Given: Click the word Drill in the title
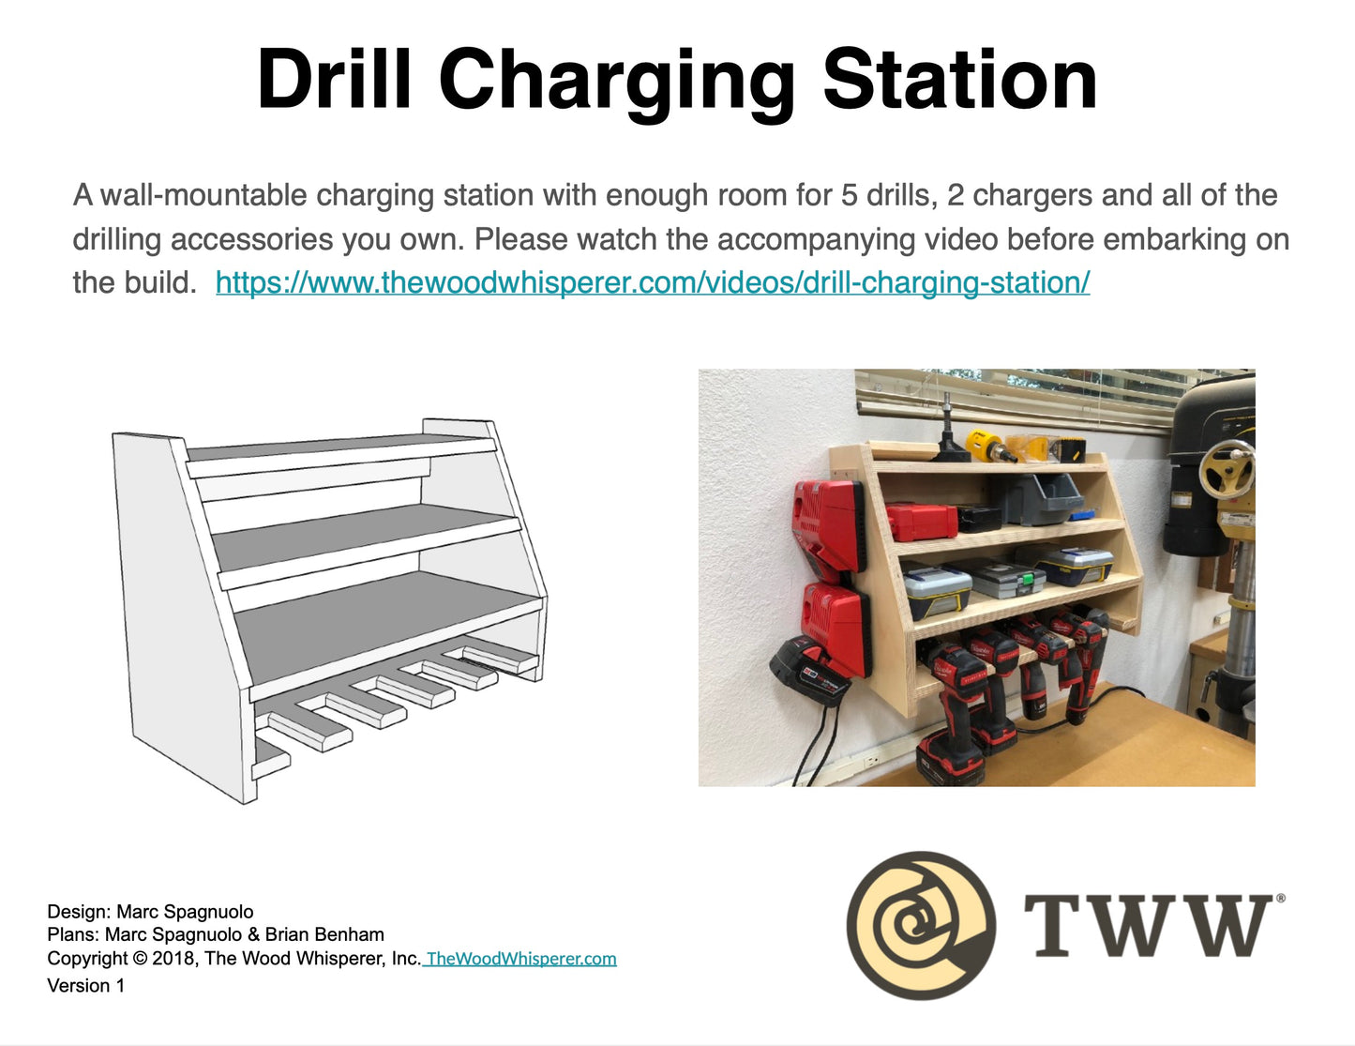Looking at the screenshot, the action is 334,80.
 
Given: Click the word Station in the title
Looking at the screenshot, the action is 959,80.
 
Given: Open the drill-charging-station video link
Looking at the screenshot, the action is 653,282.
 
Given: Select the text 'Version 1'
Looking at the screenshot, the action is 86,986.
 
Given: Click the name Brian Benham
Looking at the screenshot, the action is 324,934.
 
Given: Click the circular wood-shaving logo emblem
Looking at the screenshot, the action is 921,926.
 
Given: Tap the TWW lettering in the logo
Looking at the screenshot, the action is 1148,925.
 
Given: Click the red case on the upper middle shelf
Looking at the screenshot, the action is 921,522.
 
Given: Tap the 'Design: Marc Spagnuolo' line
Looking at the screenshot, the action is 150,911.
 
